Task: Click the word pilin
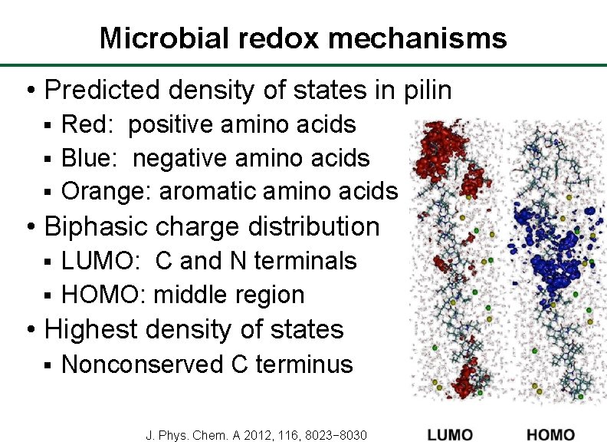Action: [425, 91]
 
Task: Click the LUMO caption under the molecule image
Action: [450, 434]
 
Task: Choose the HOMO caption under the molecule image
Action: [551, 434]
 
